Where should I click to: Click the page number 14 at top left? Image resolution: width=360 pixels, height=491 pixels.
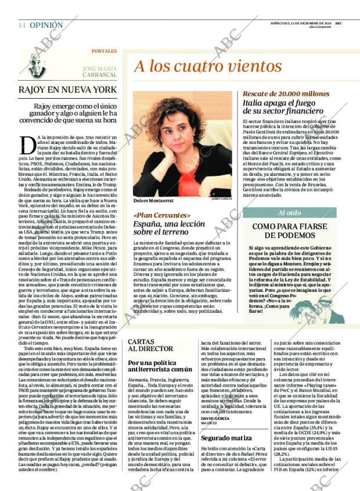[21, 25]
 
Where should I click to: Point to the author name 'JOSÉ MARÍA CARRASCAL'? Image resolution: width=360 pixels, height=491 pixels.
[96, 71]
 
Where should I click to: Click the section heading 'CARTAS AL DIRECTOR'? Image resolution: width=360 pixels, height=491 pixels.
[150, 345]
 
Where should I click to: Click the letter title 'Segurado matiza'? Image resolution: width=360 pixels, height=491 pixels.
[226, 437]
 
